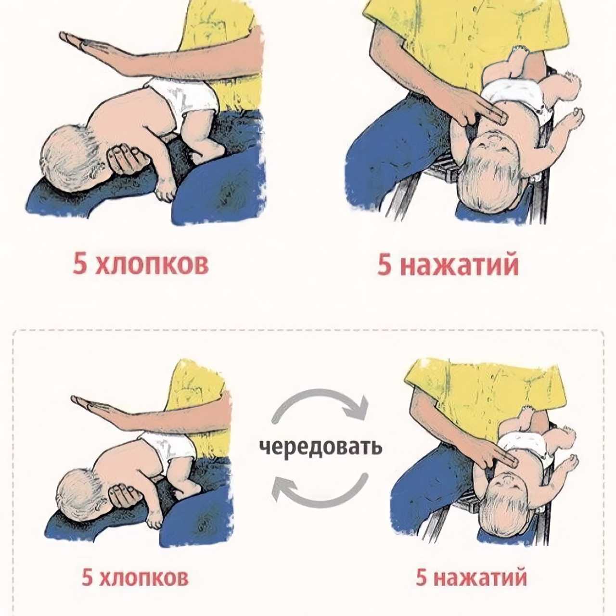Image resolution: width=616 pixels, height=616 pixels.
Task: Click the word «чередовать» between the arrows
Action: click(321, 447)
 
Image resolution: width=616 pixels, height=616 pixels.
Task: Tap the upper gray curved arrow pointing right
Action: click(320, 394)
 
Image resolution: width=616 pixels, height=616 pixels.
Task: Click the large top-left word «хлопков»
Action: click(152, 264)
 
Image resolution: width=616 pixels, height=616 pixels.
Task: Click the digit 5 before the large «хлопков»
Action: click(80, 264)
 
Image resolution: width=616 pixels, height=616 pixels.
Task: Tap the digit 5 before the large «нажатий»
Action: click(385, 265)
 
